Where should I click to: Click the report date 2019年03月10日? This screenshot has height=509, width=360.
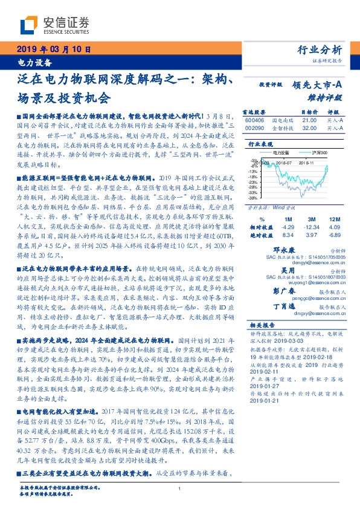(x=53, y=50)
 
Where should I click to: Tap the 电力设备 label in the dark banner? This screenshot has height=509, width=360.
(x=33, y=62)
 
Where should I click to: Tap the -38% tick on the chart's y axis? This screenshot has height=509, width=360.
(x=252, y=198)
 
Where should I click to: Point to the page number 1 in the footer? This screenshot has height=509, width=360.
(x=180, y=488)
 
